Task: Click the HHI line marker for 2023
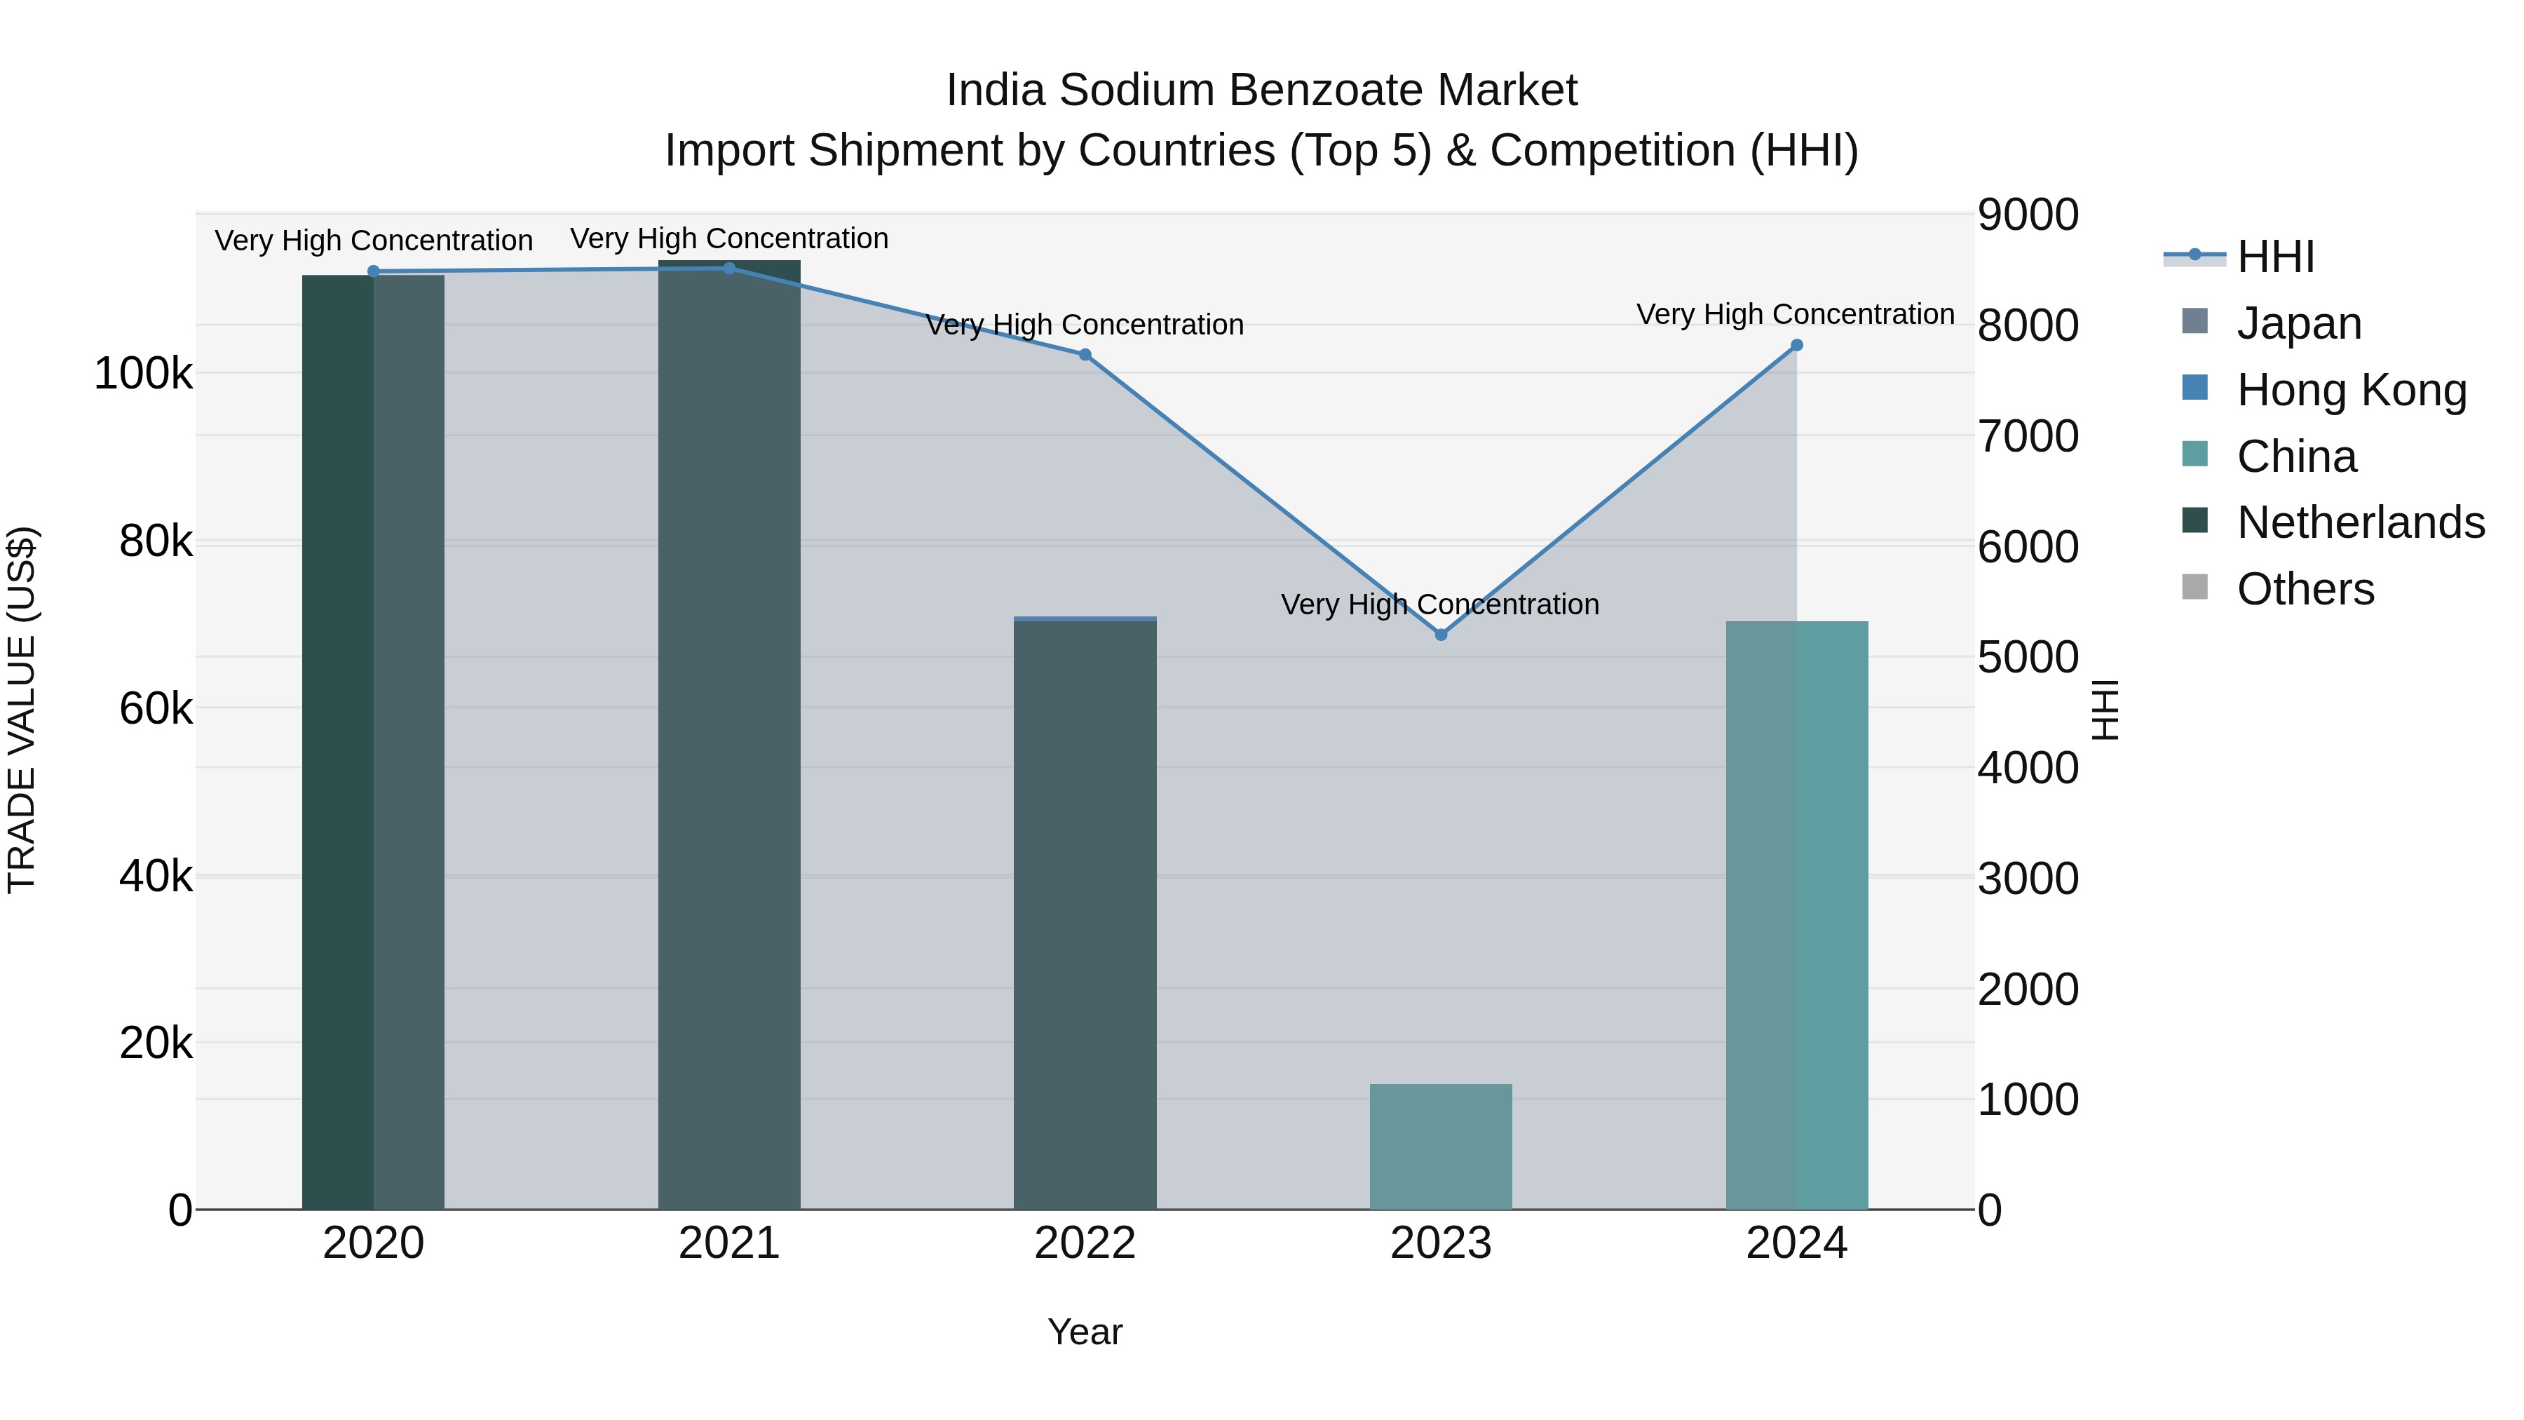click(x=1440, y=635)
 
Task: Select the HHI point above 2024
click(x=1797, y=345)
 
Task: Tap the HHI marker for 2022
click(x=1085, y=355)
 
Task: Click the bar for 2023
click(x=1440, y=1147)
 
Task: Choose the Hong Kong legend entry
click(x=2352, y=390)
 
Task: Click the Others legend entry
click(x=2305, y=589)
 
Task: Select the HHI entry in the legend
click(x=2275, y=257)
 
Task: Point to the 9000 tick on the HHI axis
click(x=2027, y=215)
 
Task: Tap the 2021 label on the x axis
click(x=729, y=1243)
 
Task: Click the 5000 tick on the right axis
click(x=2027, y=658)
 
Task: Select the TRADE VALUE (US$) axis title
click(x=22, y=710)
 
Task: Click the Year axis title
click(x=1085, y=1332)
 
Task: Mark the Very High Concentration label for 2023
click(x=1439, y=604)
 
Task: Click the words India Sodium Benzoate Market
click(x=1261, y=90)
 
